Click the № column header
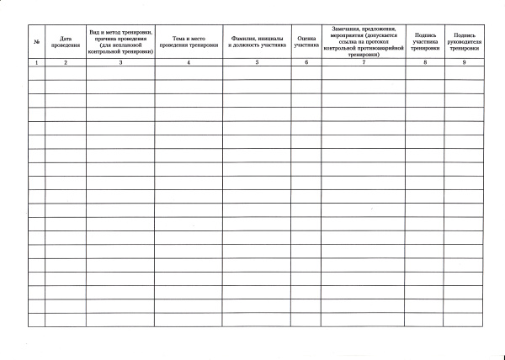[36, 41]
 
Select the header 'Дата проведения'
[65, 41]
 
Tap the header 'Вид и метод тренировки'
[120, 41]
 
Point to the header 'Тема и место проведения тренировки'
[189, 41]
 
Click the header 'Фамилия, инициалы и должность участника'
[257, 41]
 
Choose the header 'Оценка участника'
[306, 41]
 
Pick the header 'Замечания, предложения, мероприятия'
[364, 41]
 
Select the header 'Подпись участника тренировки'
[425, 41]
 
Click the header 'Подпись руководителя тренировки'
[465, 41]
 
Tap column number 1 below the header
[36, 63]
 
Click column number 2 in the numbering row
[65, 63]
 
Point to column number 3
[120, 63]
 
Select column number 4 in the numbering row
[189, 63]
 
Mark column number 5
[257, 63]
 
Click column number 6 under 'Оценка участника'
[306, 63]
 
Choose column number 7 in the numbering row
[364, 63]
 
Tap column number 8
[425, 63]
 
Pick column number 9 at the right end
[465, 63]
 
